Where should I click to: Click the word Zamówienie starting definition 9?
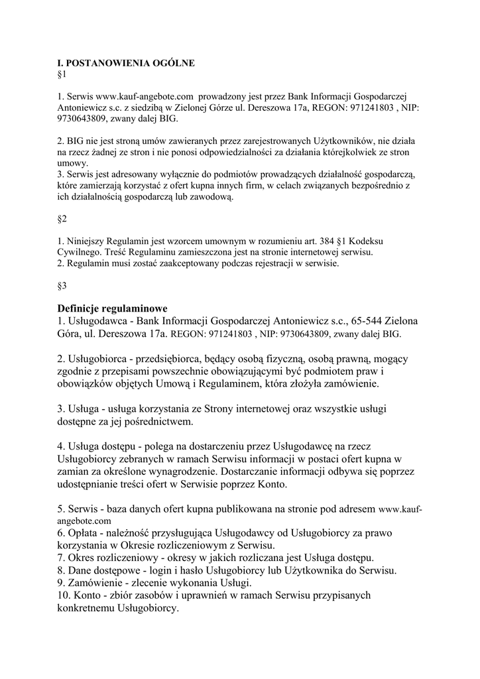tap(101, 583)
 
